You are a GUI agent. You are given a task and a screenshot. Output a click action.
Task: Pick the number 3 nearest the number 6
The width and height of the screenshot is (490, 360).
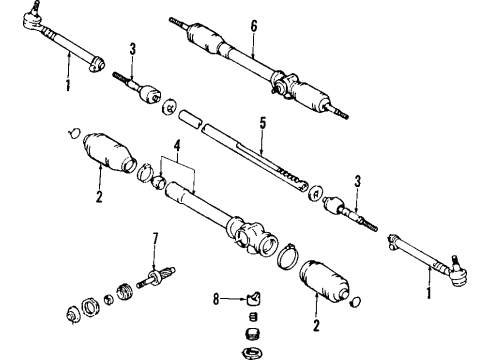tap(131, 49)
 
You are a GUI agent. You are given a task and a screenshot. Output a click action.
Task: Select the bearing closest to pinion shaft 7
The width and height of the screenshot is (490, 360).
tap(126, 292)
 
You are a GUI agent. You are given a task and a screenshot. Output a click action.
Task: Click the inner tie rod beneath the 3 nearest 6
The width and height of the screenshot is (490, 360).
tap(140, 88)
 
